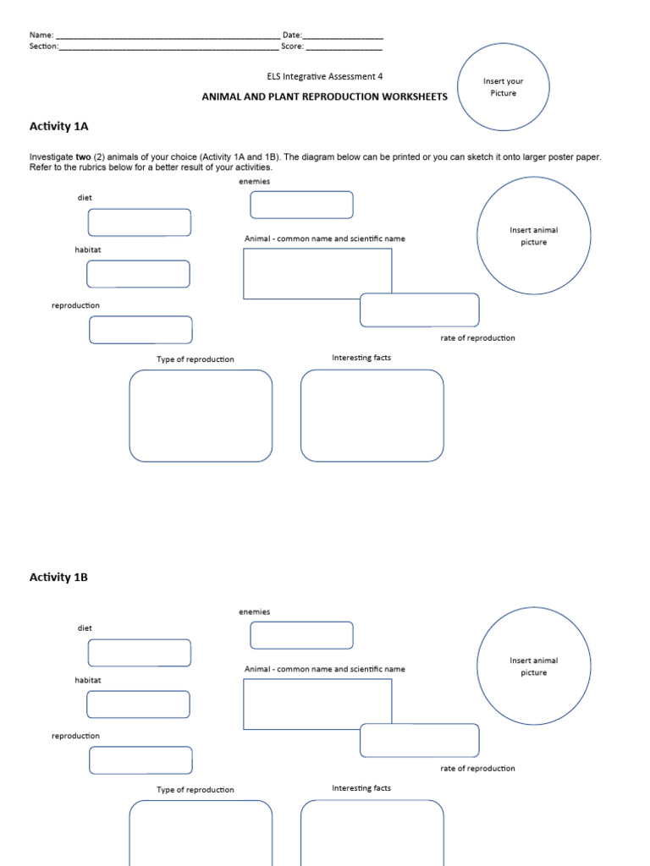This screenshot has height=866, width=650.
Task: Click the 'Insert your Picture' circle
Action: point(503,87)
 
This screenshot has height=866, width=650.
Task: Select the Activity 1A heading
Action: point(58,126)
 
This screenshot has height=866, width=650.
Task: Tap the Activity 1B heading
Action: point(58,578)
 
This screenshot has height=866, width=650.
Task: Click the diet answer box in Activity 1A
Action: point(140,222)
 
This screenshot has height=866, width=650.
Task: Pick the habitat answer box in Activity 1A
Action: point(138,274)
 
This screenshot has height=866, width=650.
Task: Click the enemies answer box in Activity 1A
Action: point(301,205)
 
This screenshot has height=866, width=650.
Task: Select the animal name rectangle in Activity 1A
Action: point(317,273)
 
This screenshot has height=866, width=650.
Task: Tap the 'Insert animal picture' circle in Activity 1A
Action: point(533,236)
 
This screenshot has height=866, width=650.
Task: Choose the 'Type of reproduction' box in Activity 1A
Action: point(201,415)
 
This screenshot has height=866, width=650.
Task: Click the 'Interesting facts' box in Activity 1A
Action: point(372,415)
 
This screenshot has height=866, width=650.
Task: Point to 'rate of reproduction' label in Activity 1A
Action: point(477,338)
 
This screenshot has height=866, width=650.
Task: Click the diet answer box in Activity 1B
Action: point(140,653)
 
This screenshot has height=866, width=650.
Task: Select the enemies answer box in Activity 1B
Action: point(301,635)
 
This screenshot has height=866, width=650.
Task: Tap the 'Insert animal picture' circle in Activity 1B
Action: point(533,666)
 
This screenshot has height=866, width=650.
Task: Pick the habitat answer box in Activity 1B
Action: point(138,704)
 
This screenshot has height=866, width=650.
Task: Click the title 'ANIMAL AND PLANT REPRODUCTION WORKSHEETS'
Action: point(324,96)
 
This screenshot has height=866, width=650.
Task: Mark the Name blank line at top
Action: point(167,36)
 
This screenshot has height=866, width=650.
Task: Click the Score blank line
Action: point(344,47)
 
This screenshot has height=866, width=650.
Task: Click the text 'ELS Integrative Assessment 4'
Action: point(324,76)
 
